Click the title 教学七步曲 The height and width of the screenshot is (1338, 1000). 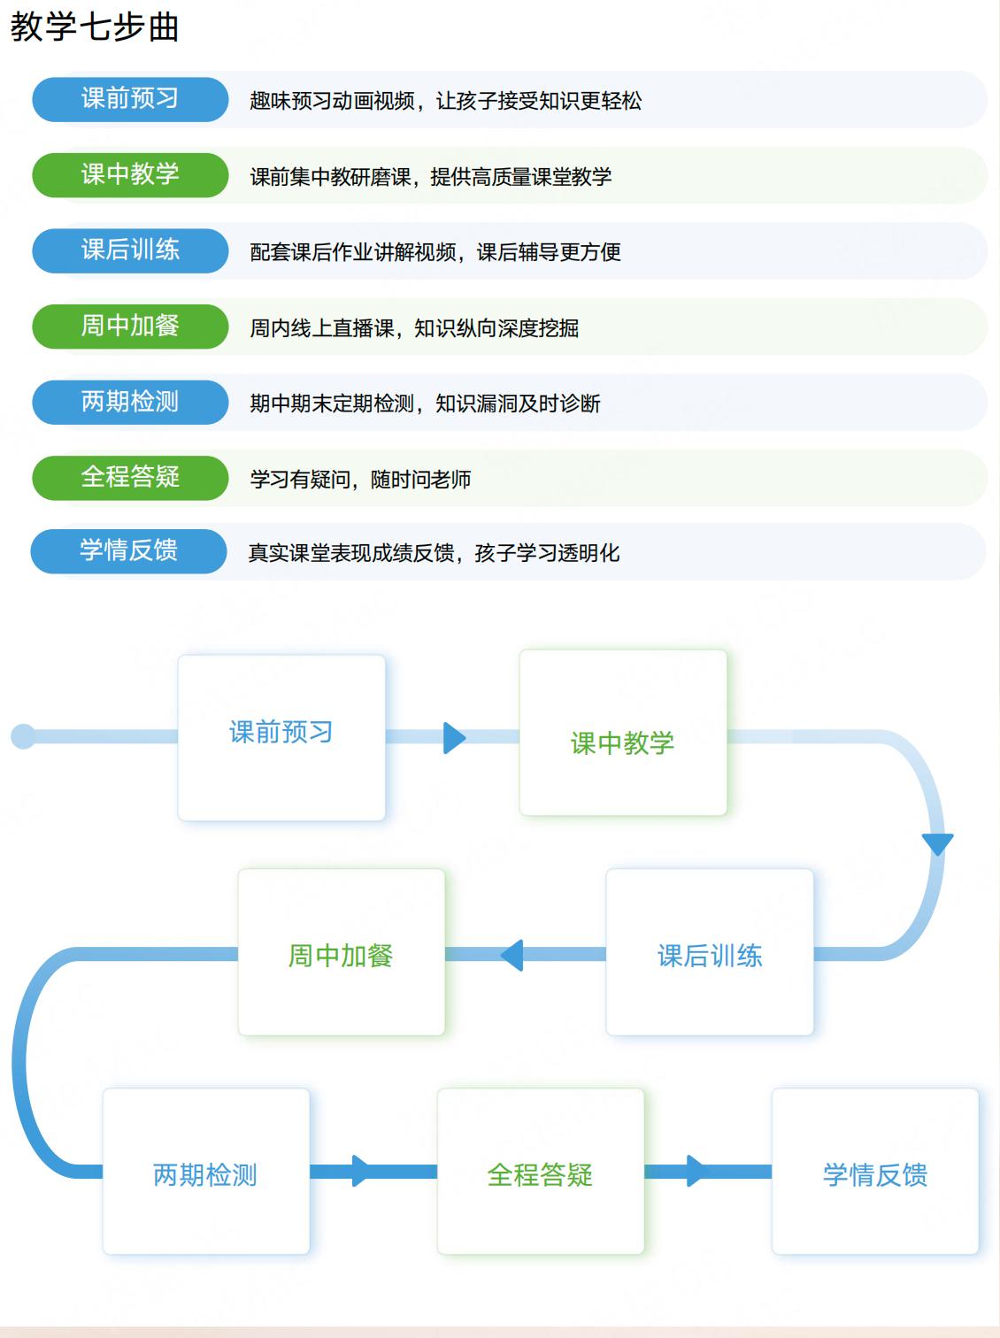click(95, 27)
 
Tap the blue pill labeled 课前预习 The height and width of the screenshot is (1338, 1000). click(130, 99)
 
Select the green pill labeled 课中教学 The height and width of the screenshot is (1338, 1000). click(130, 174)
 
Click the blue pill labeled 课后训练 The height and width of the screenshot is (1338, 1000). click(130, 250)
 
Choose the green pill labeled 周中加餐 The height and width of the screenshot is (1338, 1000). click(130, 326)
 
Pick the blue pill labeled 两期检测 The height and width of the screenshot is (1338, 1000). click(130, 402)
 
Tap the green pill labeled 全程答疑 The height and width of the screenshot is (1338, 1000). click(130, 477)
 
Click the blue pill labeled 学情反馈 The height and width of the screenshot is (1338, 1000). click(129, 550)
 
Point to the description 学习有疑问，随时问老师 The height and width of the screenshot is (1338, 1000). click(360, 480)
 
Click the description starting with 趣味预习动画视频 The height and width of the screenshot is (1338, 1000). click(445, 101)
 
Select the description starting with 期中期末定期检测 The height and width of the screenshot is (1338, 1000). click(425, 404)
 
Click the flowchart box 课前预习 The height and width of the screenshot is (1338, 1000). click(281, 737)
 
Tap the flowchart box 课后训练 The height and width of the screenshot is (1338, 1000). click(709, 952)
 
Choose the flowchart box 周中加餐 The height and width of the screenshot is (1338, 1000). click(341, 952)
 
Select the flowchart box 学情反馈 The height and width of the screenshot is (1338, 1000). click(874, 1172)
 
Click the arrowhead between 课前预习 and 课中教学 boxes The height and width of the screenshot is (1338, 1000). click(453, 737)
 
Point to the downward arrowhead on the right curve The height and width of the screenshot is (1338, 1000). click(937, 843)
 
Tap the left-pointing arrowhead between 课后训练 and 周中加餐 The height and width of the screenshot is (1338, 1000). click(512, 955)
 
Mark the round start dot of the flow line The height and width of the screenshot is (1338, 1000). click(23, 736)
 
